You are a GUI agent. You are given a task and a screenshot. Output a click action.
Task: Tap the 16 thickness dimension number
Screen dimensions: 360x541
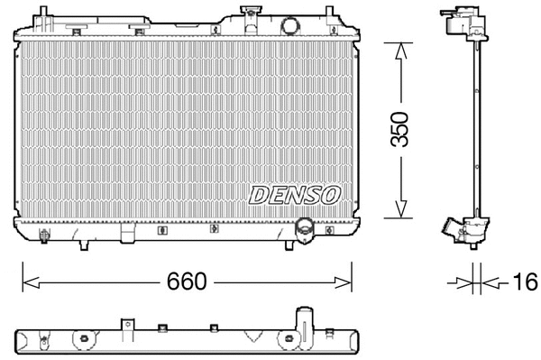(x=523, y=282)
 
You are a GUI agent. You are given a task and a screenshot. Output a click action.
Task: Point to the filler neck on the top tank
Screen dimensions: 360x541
(x=249, y=14)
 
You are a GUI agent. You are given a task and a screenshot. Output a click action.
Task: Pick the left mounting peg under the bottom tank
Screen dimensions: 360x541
(x=83, y=245)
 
